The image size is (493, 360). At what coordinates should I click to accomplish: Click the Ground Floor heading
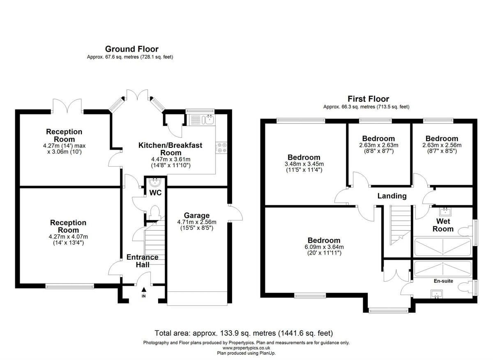click(131, 49)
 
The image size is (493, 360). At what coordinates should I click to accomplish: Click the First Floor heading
click(368, 99)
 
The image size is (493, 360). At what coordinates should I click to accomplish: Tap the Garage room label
click(196, 216)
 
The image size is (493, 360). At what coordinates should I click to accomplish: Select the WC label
click(154, 193)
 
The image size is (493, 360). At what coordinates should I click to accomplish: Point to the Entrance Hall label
click(142, 261)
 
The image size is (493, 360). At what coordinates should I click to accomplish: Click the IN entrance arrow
click(143, 292)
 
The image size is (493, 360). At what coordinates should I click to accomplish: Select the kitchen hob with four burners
click(222, 147)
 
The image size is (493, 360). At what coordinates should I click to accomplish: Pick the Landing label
click(392, 196)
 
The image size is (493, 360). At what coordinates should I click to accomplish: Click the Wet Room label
click(443, 225)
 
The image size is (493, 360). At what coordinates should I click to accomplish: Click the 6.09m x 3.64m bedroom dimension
click(325, 247)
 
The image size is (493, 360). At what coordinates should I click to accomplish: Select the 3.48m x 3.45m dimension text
click(304, 164)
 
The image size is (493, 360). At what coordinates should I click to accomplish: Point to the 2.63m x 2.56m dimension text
click(442, 145)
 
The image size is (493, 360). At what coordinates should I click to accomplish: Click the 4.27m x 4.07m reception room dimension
click(68, 236)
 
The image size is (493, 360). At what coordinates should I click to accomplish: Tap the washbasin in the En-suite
click(436, 294)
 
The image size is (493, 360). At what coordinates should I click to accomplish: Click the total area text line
click(244, 333)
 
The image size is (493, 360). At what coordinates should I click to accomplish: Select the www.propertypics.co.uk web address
click(246, 348)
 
